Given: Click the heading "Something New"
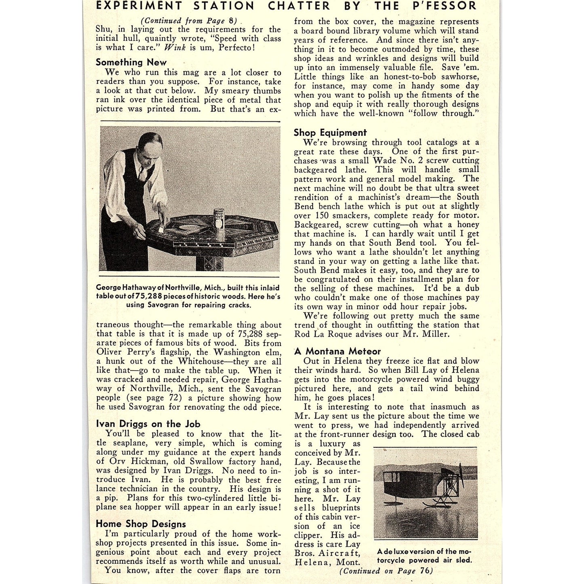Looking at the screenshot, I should [131, 62].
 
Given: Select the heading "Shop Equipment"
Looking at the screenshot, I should [330, 133].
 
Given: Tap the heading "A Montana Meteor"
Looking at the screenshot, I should [337, 351].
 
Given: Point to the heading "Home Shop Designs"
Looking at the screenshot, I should [141, 524].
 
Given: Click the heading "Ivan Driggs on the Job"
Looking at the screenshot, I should [148, 424].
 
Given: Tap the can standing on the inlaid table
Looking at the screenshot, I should [219, 219].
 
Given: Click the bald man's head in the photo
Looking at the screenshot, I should [150, 145].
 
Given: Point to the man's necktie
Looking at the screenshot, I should [143, 174].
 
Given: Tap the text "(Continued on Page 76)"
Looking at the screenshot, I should [386, 571].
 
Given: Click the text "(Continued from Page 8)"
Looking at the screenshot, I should [189, 21].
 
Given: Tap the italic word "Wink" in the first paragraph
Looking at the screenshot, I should [175, 47].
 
